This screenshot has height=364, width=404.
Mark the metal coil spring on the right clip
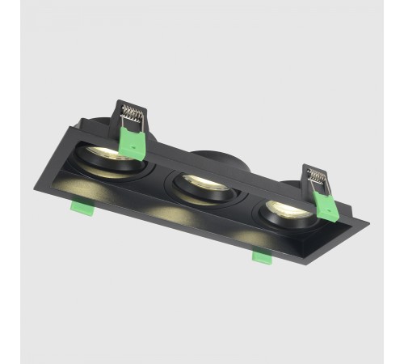316,174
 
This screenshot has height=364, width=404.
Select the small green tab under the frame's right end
262,256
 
